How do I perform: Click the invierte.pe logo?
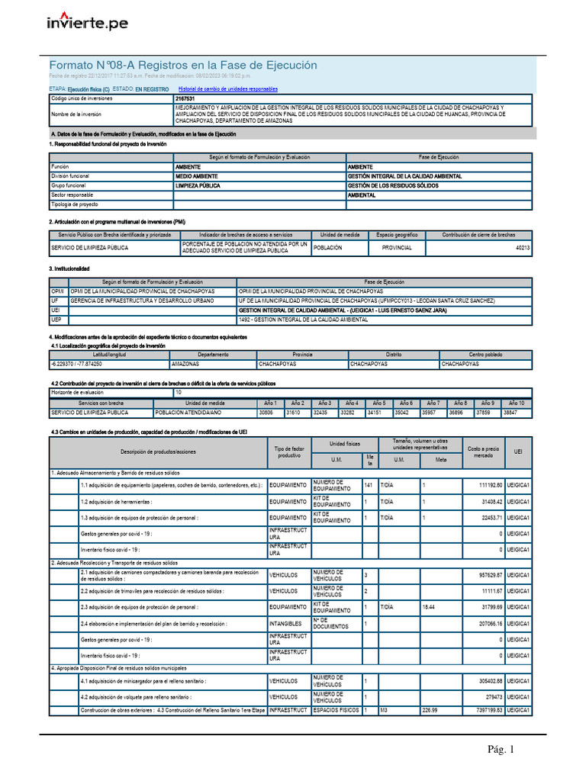88,24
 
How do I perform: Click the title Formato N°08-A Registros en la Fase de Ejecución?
182,66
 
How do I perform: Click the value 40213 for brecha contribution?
523,248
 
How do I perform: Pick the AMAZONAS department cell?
185,364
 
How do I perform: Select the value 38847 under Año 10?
510,412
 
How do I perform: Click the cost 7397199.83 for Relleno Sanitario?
485,710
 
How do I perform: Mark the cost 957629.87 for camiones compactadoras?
485,574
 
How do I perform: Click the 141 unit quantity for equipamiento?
369,485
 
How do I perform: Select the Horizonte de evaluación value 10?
179,392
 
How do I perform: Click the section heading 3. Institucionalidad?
69,269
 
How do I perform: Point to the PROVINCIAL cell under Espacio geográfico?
396,248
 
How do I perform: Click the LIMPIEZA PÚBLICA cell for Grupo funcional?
202,185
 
